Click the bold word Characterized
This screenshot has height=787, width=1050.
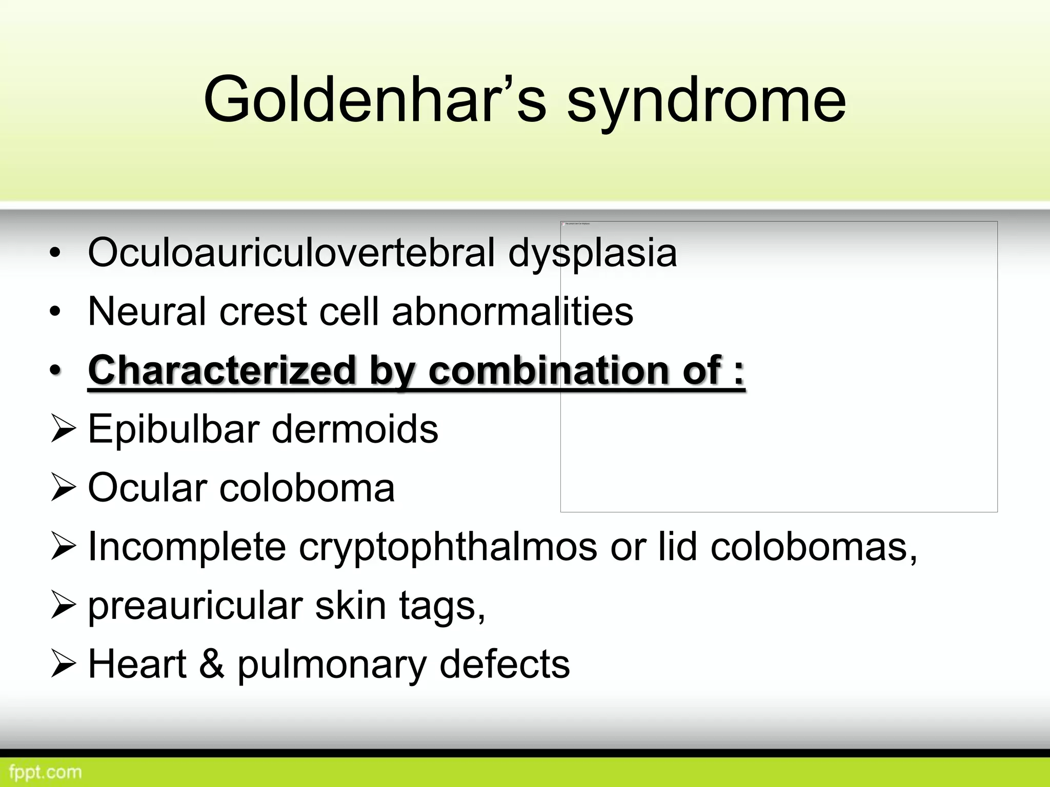pos(221,370)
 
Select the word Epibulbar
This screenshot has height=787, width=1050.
pos(173,429)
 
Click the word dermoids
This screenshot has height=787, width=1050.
pos(355,429)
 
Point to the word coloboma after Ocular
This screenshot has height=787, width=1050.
pos(307,487)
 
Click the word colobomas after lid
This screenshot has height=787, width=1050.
pos(813,547)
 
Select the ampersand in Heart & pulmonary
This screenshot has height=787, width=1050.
pos(211,665)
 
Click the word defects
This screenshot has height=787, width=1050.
pos(504,665)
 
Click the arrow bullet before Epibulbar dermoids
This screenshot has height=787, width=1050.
pos(63,430)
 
